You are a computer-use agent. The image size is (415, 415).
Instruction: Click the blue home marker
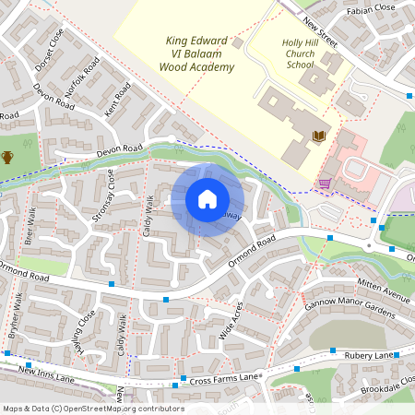click(x=207, y=199)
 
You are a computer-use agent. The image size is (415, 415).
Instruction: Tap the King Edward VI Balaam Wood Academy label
click(x=196, y=53)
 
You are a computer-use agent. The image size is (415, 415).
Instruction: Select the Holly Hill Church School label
click(x=299, y=53)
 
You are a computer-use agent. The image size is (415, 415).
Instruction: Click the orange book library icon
click(x=319, y=136)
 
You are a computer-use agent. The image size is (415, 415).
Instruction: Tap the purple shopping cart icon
click(x=325, y=183)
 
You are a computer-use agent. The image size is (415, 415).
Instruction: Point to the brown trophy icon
click(x=7, y=157)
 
